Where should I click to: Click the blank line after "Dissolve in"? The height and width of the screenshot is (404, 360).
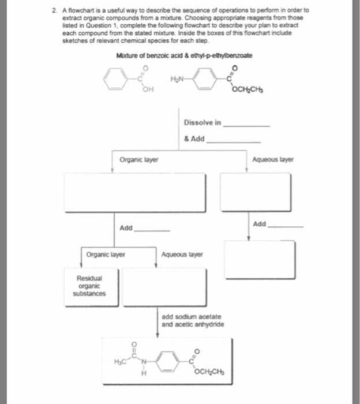pos(246,125)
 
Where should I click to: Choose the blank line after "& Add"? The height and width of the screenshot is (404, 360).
pos(233,140)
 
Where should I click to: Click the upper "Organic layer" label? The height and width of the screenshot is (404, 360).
pos(139,159)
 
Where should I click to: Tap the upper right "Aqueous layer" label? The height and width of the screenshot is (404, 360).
pos(273,159)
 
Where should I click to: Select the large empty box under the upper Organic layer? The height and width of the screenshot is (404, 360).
pos(135,192)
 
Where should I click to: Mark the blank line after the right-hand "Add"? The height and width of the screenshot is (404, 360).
pos(285,226)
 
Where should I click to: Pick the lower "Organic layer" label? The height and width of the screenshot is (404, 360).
pos(106,253)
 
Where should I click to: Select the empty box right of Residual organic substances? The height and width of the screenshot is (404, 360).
pos(164,286)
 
